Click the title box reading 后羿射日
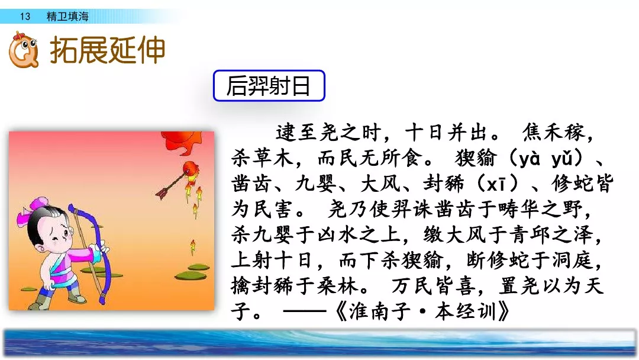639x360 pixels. pyautogui.click(x=269, y=86)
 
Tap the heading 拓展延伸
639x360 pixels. pyautogui.click(x=107, y=50)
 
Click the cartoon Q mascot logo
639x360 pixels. pyautogui.click(x=24, y=50)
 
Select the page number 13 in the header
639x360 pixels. pyautogui.click(x=25, y=17)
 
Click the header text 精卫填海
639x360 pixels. pyautogui.click(x=67, y=17)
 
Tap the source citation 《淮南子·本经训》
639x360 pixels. pyautogui.click(x=421, y=311)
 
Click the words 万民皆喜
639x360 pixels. pyautogui.click(x=433, y=285)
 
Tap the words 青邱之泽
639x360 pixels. pyautogui.click(x=551, y=234)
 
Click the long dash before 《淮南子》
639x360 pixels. pyautogui.click(x=305, y=311)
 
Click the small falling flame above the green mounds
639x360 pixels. pyautogui.click(x=192, y=246)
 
